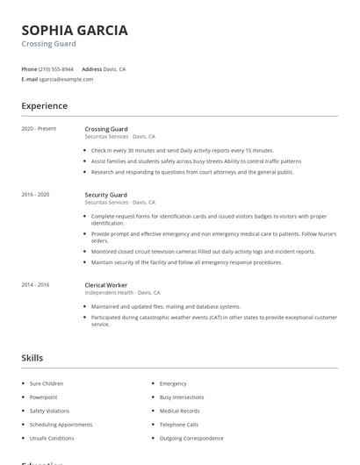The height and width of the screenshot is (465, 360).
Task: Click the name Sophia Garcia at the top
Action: [x=75, y=30]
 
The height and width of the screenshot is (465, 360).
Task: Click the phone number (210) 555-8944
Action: [x=56, y=68]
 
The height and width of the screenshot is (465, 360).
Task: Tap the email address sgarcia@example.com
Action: [x=66, y=79]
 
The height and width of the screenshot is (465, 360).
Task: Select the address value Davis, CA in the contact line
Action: [x=114, y=68]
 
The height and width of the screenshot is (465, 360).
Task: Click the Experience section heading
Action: [x=44, y=106]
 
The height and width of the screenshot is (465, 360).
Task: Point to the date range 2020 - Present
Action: [x=39, y=129]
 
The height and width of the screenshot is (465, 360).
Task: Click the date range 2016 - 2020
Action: [x=35, y=195]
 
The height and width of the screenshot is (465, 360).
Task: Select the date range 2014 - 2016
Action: [x=35, y=285]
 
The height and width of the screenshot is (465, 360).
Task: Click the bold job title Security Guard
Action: [x=105, y=195]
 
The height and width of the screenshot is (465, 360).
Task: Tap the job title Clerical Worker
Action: [x=105, y=285]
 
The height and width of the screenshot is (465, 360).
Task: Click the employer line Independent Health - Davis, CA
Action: [x=122, y=292]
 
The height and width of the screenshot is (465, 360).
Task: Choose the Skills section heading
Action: [x=32, y=358]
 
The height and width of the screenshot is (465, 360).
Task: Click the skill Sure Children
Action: [x=47, y=383]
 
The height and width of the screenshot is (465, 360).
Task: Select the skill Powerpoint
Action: [x=44, y=397]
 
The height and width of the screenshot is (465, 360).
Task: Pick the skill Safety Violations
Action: [x=49, y=411]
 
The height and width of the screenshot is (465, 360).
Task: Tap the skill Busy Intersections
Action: [x=182, y=397]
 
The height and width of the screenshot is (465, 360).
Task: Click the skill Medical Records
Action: [x=179, y=411]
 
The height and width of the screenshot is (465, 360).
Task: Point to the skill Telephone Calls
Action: [x=178, y=425]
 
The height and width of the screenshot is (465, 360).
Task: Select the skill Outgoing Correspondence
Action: [x=191, y=438]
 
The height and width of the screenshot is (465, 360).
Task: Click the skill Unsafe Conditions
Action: [x=52, y=438]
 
